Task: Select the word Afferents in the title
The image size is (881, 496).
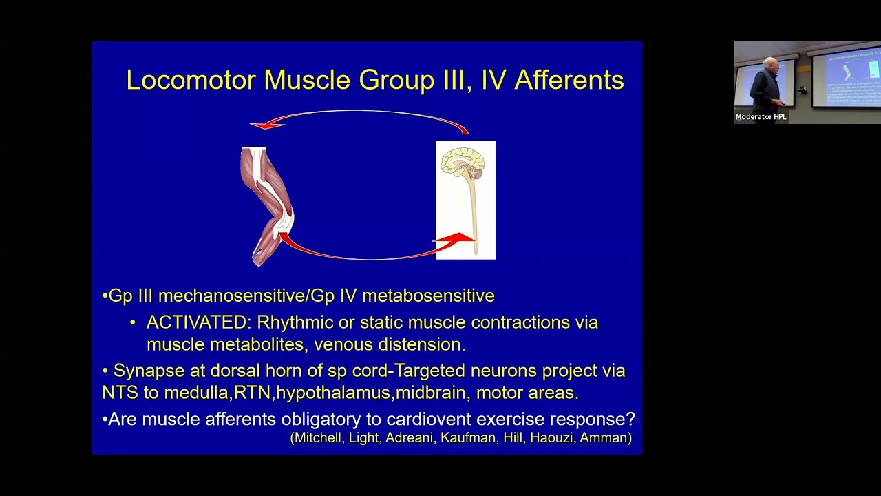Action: (569, 80)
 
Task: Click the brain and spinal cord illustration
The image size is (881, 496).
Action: (465, 200)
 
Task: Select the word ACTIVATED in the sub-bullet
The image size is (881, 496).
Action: (198, 322)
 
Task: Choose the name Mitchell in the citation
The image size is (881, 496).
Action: (319, 437)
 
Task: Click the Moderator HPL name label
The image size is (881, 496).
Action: (761, 117)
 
